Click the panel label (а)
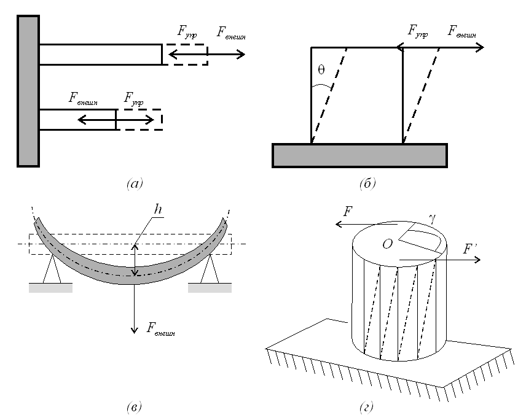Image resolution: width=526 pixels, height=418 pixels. coord(135,184)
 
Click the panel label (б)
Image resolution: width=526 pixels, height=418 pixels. coord(367,184)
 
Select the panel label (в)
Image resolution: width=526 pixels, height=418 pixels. coord(134,407)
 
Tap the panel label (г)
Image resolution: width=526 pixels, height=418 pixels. coord(366,407)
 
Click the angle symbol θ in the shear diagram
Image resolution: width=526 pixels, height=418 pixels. coord(321,70)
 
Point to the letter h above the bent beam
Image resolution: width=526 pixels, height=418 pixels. coord(158,209)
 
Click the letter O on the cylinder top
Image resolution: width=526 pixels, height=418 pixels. coord(388,244)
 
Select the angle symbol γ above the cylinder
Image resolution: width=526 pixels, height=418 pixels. coord(433,219)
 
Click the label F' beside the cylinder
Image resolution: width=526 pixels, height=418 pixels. coord(469,249)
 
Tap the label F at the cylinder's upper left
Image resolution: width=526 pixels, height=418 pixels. coord(348,212)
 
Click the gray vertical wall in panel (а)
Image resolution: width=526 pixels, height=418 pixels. coord(28,91)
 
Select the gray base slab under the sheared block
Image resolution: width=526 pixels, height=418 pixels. coord(359,155)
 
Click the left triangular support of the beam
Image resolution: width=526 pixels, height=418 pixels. coord(52,269)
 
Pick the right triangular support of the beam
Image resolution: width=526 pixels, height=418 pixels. coord(210,269)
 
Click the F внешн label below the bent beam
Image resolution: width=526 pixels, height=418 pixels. coord(160,329)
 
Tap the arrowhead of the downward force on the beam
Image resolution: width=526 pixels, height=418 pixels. coord(134,330)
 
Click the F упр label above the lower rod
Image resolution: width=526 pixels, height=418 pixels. coord(133,99)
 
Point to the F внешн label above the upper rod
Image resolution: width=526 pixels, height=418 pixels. coord(231,33)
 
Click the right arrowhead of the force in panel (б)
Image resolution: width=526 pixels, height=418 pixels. coord(481,48)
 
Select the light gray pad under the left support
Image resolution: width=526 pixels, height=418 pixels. coord(50,288)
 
